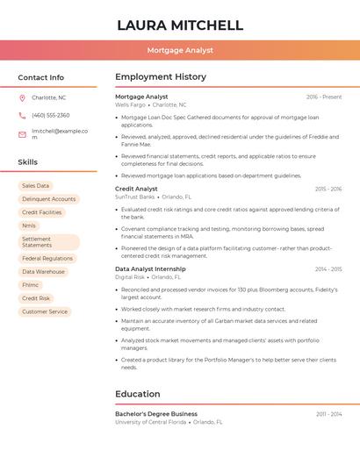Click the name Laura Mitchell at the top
(180, 25)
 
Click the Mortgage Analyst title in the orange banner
(180, 51)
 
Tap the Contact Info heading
(40, 77)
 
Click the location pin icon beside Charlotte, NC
(22, 98)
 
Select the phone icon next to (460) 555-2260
(22, 116)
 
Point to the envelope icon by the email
(22, 134)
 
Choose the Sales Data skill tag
(36, 186)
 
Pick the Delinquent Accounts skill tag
(48, 199)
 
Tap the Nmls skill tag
(29, 225)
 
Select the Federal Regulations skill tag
(47, 259)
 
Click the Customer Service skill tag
(45, 311)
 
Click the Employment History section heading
(161, 77)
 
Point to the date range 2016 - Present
(324, 97)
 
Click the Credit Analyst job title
(136, 189)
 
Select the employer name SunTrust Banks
(134, 197)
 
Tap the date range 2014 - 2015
(328, 269)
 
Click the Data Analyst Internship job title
(150, 268)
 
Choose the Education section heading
(138, 394)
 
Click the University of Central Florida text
(150, 422)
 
